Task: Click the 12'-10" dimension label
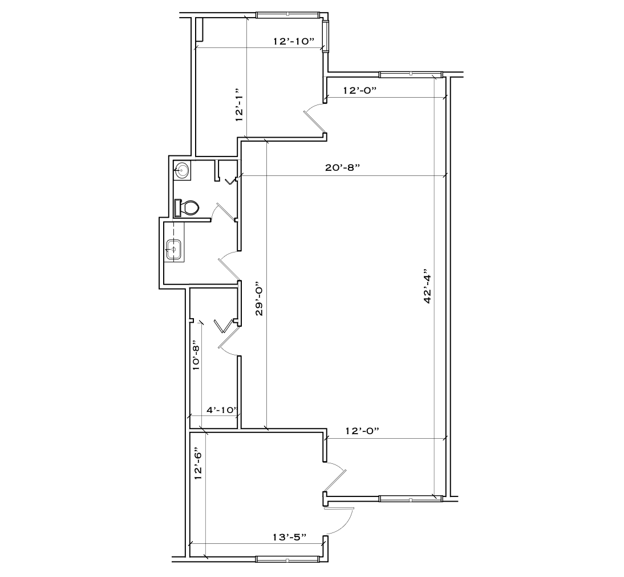293,41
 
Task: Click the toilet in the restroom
189,208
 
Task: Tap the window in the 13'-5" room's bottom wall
287,559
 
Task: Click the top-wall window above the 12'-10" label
287,14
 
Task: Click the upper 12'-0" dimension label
360,90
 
